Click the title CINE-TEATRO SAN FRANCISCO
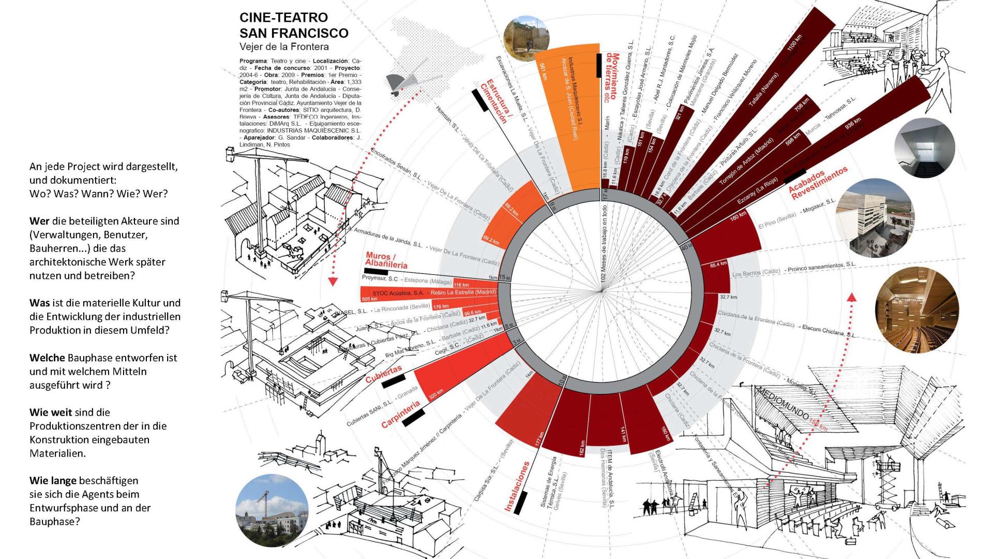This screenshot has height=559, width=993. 294,25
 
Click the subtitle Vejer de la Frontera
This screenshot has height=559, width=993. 284,47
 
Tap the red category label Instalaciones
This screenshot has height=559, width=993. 517,487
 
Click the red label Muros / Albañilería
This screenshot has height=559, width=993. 386,260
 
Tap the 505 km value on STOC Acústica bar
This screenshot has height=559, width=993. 369,299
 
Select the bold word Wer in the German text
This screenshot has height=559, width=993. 40,221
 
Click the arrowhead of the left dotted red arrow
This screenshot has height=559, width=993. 333,282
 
